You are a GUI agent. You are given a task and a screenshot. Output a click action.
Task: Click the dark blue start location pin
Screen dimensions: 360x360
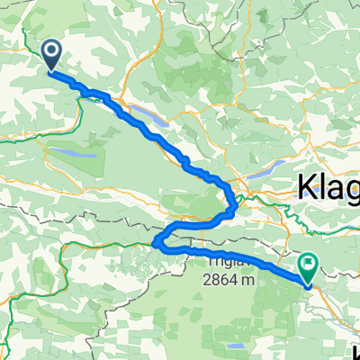pyautogui.click(x=52, y=56)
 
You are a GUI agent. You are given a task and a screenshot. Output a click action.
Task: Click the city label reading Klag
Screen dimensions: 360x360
pyautogui.click(x=328, y=188)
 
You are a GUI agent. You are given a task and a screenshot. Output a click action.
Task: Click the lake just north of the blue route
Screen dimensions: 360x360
pyautogui.click(x=152, y=116)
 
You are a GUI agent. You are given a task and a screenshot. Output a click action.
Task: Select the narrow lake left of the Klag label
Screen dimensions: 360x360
pyautogui.click(x=261, y=170)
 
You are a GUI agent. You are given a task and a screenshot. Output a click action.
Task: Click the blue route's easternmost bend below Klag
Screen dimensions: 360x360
pyautogui.click(x=236, y=208)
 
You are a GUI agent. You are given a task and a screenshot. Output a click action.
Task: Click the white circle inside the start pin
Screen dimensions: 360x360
pyautogui.click(x=52, y=52)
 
